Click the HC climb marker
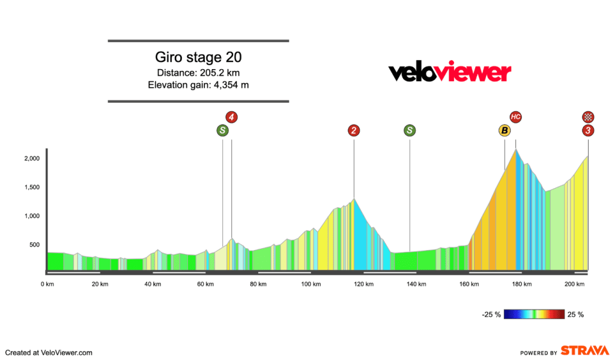click(x=515, y=117)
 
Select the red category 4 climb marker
click(x=231, y=117)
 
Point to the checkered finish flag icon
click(x=588, y=117)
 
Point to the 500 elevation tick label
click(x=34, y=245)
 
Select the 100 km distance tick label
click(x=310, y=284)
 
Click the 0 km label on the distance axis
click(x=47, y=284)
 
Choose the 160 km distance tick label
click(x=468, y=284)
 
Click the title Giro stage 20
click(x=198, y=58)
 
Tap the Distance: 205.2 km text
click(x=198, y=73)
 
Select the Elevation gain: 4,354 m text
click(x=198, y=85)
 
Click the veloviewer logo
click(x=450, y=73)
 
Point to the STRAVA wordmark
click(x=585, y=351)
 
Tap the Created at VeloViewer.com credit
click(x=49, y=353)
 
